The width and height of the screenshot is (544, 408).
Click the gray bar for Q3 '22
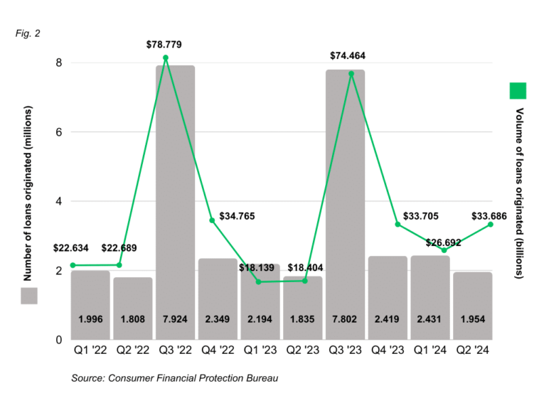tap(175, 199)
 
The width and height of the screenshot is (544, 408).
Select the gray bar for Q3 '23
tap(345, 199)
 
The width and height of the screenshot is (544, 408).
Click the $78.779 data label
tap(164, 45)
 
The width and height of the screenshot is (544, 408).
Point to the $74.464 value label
tap(347, 55)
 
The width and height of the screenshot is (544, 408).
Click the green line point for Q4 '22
tap(211, 220)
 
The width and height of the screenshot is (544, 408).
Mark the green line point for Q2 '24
tap(491, 225)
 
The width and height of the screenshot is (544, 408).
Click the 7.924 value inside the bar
tap(175, 319)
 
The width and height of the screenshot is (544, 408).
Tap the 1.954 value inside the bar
tap(472, 319)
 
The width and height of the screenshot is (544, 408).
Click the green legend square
tap(518, 92)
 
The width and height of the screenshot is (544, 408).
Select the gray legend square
tap(28, 296)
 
